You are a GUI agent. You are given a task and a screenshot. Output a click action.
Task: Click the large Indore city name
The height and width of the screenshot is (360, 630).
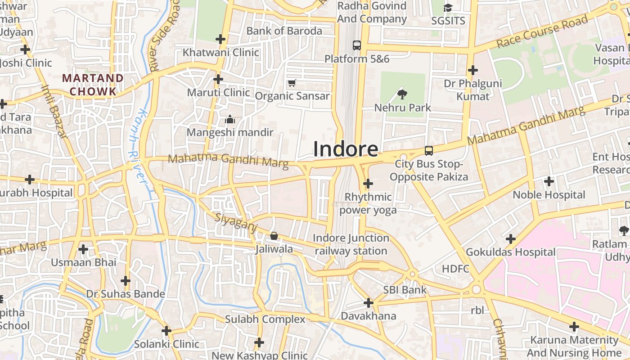coord(345,149)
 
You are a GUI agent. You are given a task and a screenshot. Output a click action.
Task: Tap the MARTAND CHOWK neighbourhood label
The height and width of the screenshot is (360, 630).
coord(93,85)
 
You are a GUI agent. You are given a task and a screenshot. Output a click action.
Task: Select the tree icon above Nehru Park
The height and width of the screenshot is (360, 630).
coord(402,94)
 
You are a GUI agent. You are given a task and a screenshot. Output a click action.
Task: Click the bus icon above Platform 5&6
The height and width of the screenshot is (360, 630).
coord(357,45)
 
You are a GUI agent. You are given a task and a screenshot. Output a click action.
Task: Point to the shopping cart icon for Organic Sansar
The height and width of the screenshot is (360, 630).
coord(292,83)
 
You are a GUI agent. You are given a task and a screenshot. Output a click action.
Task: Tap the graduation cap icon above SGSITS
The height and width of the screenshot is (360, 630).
coord(448,8)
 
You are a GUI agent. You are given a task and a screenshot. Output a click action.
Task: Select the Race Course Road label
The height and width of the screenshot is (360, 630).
coord(542,31)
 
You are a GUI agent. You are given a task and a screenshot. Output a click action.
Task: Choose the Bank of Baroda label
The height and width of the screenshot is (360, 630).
coord(284,31)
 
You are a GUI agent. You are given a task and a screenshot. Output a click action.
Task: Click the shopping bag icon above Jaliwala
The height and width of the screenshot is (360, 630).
coord(274,236)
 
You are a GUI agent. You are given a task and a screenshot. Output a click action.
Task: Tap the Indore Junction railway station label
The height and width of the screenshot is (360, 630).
coord(351,244)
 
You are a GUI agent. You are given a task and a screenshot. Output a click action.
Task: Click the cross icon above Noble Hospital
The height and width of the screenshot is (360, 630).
coord(549,181)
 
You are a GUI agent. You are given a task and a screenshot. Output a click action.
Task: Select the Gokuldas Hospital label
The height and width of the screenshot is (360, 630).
coord(511,252)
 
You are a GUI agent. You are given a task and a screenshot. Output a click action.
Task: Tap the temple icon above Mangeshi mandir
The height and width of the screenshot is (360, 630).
coord(230,119)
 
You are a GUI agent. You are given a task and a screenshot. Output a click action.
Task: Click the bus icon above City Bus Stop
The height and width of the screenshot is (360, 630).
coord(429,151)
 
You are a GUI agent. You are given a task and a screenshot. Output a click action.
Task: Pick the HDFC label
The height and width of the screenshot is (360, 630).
coord(455,269)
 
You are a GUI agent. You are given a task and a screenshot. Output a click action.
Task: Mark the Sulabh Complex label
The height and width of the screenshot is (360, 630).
coord(265,319)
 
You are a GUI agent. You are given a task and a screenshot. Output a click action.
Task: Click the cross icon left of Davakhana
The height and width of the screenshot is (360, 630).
coord(369,303)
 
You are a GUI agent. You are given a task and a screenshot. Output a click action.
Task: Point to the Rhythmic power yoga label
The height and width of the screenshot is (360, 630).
coord(368,203)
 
